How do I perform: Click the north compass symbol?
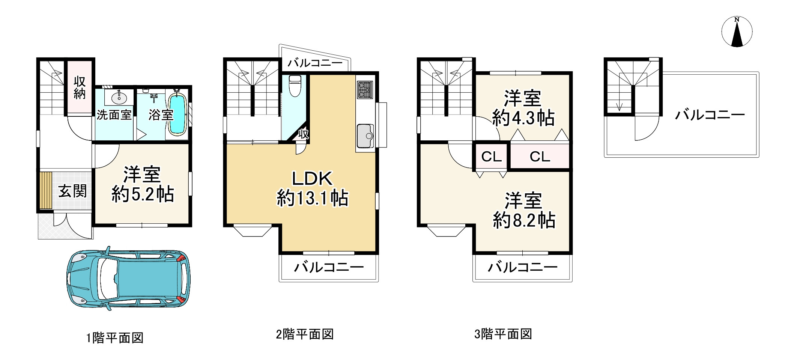point(737,32)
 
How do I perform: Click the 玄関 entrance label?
point(72,191)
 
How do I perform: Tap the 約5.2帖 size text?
point(143,194)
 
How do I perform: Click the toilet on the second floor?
point(295,86)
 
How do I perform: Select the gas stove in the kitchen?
point(364,90)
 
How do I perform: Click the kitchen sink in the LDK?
point(365,136)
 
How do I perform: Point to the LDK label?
point(312,179)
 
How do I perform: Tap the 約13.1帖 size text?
point(313,198)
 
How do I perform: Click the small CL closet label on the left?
point(491,157)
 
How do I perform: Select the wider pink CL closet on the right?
point(540,157)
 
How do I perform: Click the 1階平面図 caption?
point(115,338)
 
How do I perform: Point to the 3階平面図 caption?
point(503,334)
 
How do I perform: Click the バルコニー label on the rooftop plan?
point(710,114)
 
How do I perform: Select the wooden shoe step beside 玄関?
point(46,190)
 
